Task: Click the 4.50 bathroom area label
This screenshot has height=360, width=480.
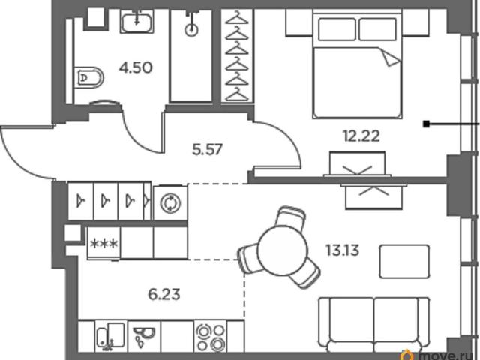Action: [136, 67]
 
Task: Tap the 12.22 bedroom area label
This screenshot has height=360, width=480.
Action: [361, 136]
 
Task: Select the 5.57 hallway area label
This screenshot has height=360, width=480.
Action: [207, 150]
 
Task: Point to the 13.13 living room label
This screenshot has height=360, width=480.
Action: [343, 250]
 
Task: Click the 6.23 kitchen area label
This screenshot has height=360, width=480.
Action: [164, 295]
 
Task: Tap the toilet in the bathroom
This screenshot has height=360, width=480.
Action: [89, 78]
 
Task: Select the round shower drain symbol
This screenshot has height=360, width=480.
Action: [192, 30]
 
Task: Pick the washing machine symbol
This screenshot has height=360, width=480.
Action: [170, 203]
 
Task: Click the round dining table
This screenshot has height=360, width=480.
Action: [282, 250]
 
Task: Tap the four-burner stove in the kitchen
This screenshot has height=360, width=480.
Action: [211, 337]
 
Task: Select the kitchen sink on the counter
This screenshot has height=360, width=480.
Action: [110, 337]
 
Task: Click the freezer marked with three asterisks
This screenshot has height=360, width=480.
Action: [104, 243]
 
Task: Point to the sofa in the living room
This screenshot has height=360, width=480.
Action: [373, 325]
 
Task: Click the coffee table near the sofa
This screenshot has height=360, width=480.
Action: [404, 262]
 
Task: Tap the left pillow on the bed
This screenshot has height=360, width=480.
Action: [337, 29]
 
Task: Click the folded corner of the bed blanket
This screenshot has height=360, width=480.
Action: [391, 58]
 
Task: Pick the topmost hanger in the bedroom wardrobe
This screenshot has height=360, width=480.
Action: [237, 17]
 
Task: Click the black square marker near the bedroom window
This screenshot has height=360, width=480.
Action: [426, 124]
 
